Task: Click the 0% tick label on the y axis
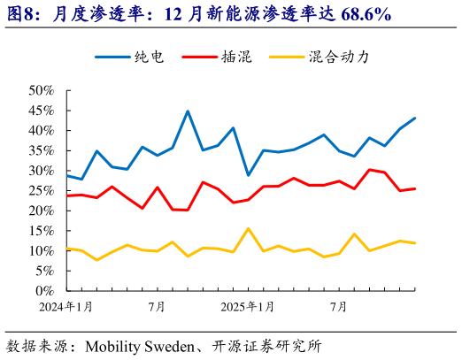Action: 47,291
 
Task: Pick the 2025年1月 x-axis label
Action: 247,306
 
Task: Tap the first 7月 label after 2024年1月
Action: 158,306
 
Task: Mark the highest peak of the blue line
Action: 188,111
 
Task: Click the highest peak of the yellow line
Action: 248,228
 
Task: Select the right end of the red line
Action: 415,188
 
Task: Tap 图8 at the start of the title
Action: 22,15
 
